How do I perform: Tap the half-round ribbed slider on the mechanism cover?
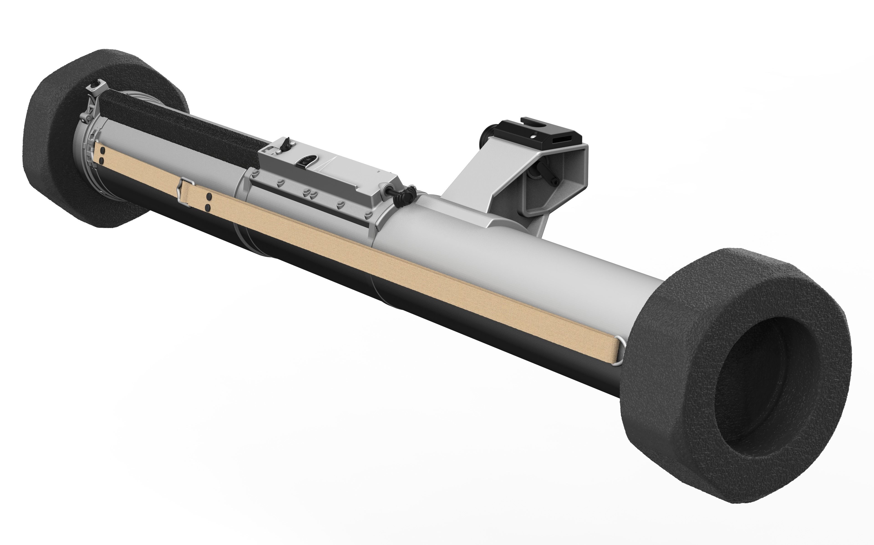[305, 161]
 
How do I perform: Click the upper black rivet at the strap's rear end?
[102, 150]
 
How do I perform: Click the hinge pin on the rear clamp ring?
[86, 117]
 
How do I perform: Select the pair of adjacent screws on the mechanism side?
[309, 192]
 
